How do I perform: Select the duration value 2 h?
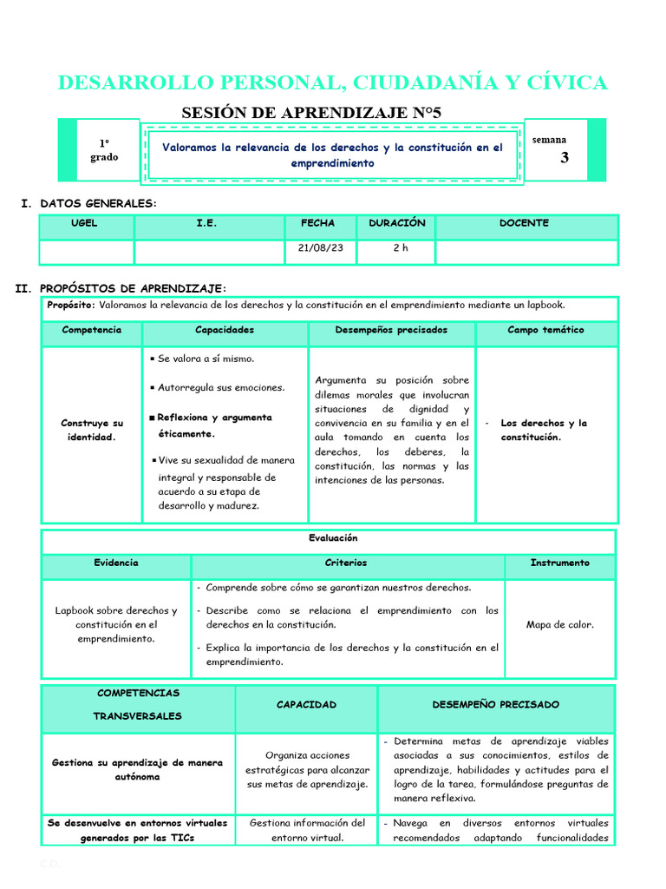click(400, 247)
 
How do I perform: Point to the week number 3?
click(565, 158)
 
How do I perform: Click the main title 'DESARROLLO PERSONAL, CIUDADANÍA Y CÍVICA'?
click(332, 82)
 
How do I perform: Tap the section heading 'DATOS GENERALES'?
click(98, 203)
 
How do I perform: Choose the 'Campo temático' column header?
click(545, 330)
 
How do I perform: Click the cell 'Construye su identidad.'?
click(92, 430)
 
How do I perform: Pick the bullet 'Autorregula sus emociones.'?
click(221, 387)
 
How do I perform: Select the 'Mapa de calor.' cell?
click(559, 624)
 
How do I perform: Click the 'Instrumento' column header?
click(559, 563)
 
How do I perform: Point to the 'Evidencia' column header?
click(116, 563)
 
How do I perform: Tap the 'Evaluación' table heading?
click(333, 538)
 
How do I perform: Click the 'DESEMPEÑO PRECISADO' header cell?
click(495, 704)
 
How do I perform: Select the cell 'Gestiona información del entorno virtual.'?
click(307, 830)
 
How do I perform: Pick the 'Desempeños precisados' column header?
click(391, 330)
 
